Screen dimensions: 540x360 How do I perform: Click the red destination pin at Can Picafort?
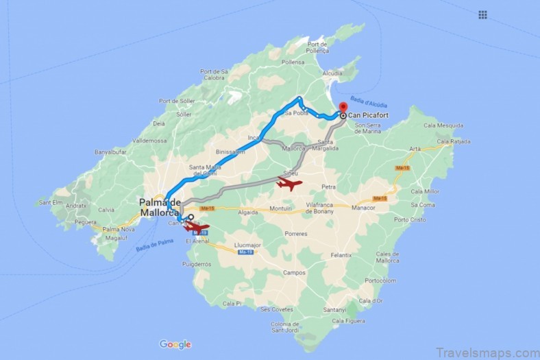(343, 108)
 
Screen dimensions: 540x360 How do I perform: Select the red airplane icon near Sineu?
(289, 184)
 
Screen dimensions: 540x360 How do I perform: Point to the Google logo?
(175, 344)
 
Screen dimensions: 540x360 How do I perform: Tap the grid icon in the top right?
(482, 14)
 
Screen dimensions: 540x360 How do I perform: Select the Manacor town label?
(363, 207)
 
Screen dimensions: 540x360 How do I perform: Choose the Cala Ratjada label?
(451, 142)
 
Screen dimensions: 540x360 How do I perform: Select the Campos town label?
(294, 273)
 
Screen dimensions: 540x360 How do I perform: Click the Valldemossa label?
(150, 139)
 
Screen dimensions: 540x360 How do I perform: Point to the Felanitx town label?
(341, 255)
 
